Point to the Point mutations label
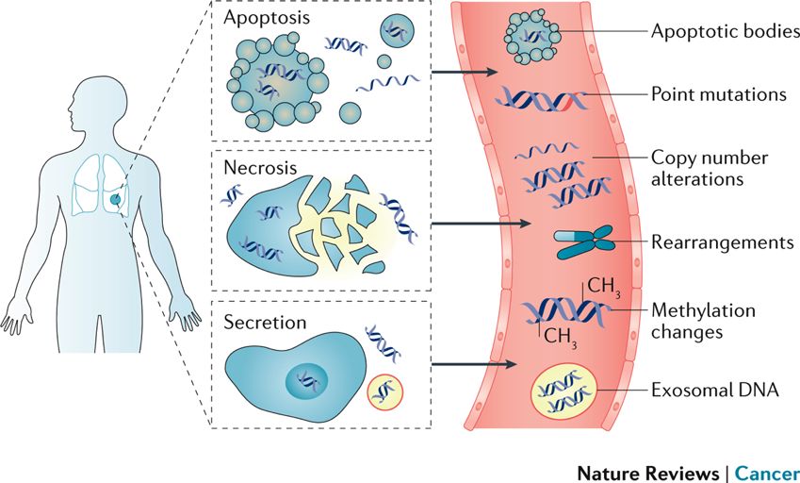pos(719,95)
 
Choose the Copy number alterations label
pos(710,167)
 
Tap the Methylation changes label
pos(703,321)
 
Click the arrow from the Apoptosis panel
pos(462,73)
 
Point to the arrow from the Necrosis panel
pos(481,225)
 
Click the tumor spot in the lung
pos(113,199)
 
